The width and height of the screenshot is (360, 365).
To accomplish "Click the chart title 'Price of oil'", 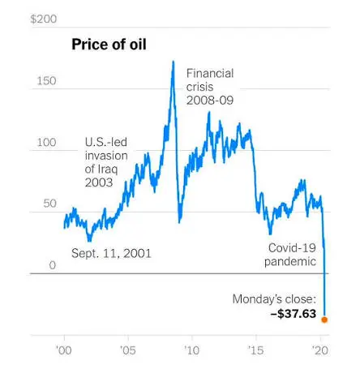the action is pos(109,45).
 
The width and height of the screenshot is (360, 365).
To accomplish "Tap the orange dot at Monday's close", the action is pos(324,320).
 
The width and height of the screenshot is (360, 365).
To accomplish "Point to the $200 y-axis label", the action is pos(44,19).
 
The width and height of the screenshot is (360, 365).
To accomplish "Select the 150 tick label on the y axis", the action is pos(46,81).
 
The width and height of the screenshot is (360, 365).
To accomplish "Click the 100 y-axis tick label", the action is pos(46,143).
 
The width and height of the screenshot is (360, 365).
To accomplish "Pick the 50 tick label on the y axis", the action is pos(50,204).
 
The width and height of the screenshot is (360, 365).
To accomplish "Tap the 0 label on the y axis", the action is pos(53,265).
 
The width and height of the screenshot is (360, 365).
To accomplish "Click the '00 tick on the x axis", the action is pos(64,350).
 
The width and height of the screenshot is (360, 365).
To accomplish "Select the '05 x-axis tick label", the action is pos(128,350).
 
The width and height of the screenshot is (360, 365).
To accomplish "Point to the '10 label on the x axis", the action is pos(192,350).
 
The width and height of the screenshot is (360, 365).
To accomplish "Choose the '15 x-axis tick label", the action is pos(255,350).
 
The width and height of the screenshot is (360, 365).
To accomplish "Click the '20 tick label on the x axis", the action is pos(320,350).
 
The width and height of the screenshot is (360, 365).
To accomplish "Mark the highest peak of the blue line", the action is pos(174,62).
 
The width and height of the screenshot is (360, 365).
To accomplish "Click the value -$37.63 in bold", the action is pos(294,314).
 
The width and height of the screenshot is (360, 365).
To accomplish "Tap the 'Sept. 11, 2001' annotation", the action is pos(111,253).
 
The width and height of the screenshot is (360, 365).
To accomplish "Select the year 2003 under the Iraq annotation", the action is pos(99,182).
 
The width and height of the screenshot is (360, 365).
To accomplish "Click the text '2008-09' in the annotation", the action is pos(210,101).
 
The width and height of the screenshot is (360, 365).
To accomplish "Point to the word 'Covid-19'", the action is pos(292,248).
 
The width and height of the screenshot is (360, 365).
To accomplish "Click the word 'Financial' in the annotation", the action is pos(210,74).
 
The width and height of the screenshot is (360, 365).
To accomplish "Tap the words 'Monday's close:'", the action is pos(274,299).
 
